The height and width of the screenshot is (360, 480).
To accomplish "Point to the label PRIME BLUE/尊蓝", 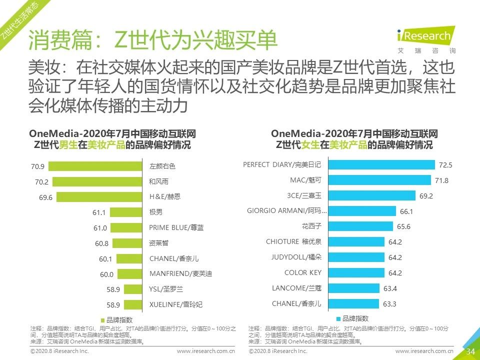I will tap(176, 227).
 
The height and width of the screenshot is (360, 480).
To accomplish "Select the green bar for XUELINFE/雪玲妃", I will tap(133, 304).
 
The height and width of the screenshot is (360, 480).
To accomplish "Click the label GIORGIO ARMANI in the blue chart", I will tap(286, 211).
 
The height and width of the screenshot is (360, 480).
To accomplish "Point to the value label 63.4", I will tap(389, 288).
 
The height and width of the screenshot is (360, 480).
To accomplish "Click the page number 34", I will tap(470, 351).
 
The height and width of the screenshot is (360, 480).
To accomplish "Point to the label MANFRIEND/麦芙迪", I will tap(180, 274).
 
